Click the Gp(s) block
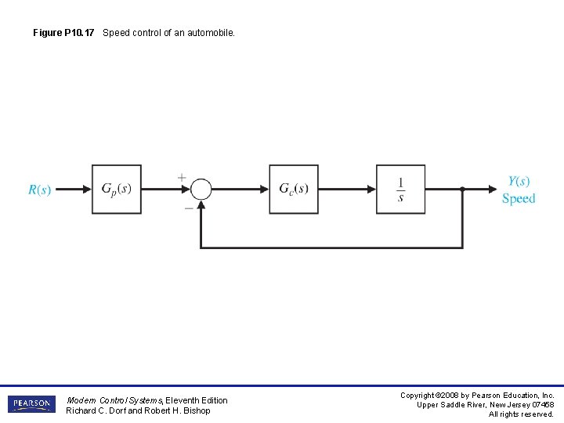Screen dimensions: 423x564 coord(117,189)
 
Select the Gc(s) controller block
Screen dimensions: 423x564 coord(294,189)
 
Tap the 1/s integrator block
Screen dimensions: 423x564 coord(400,189)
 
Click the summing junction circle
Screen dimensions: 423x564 coord(201,189)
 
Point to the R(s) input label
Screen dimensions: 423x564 coord(39,190)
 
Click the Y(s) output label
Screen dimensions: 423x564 coord(519,181)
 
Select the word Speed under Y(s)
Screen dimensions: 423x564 coord(519,199)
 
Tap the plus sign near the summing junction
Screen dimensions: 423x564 coord(182,178)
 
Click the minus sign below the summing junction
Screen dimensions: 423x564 coord(189,208)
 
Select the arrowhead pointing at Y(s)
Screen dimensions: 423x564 coord(491,189)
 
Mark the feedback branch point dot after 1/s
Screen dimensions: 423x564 coord(462,189)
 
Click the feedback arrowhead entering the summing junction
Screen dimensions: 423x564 coord(201,204)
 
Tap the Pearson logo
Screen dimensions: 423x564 coord(32,404)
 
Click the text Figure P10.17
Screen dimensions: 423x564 coord(65,33)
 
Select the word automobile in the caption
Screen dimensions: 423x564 coord(210,33)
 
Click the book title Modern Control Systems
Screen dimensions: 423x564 coord(114,400)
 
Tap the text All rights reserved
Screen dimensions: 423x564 coord(521,414)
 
